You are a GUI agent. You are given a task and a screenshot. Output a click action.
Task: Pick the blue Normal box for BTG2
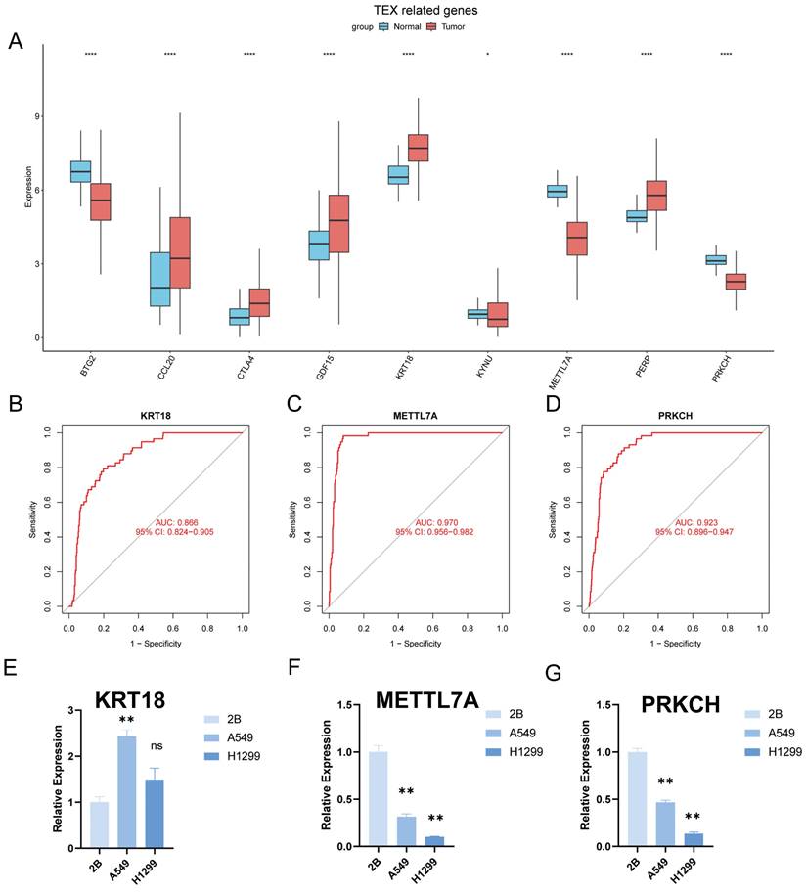pyautogui.click(x=80, y=171)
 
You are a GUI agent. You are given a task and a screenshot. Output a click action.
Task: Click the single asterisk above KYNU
pyautogui.click(x=487, y=54)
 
